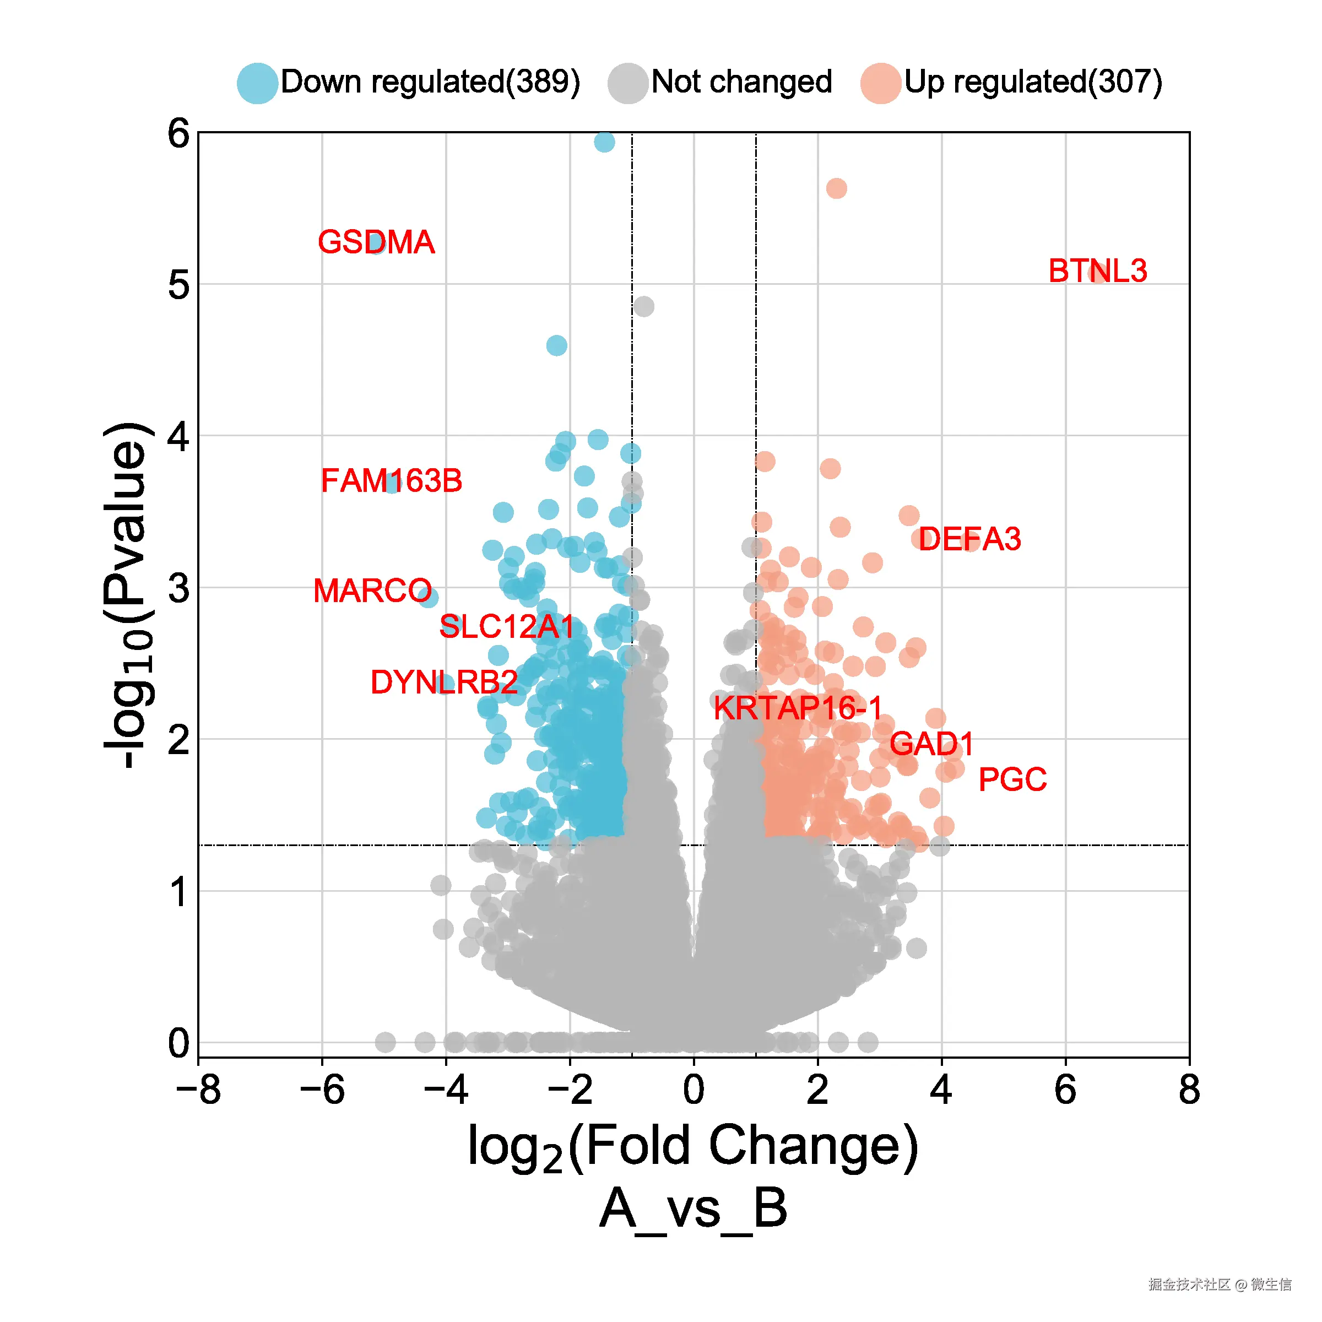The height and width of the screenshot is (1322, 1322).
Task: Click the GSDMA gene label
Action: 376,242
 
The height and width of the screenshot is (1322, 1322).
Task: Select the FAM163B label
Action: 392,480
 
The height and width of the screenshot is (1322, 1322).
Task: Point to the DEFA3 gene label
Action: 969,539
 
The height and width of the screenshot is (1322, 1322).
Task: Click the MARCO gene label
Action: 372,590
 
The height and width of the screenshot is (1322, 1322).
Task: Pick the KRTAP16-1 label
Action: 798,708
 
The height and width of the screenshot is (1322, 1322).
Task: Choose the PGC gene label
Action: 1012,779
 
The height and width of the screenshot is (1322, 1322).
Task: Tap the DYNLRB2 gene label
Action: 443,682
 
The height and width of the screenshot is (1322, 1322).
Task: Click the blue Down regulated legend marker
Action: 257,83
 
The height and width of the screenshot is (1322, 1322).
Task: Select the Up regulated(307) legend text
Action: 1033,82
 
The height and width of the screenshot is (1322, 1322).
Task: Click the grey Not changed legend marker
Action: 627,83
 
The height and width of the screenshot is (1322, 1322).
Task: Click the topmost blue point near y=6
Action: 604,142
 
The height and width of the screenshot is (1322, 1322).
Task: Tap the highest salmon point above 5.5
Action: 836,188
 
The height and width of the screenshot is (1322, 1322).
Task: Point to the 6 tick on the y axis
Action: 178,133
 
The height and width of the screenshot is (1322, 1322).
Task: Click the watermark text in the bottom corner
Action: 1220,1283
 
